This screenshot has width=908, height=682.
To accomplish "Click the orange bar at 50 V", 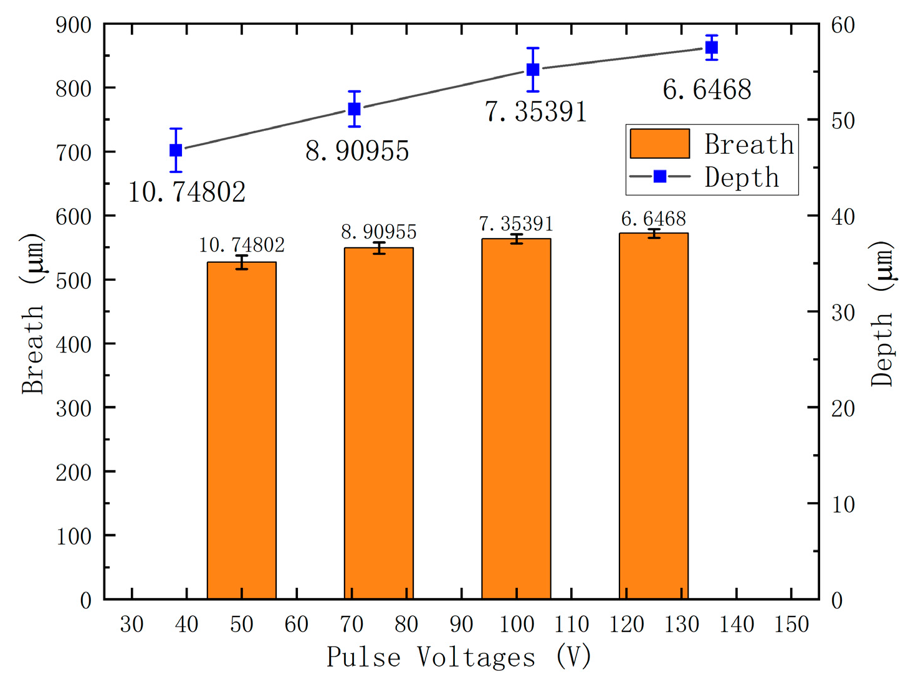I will click(x=242, y=430).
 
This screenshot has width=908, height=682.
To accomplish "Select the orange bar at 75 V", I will click(x=379, y=424).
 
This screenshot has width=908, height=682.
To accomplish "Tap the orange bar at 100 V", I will click(x=516, y=419).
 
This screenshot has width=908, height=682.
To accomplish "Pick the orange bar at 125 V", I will click(x=653, y=416).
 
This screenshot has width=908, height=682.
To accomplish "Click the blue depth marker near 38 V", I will click(x=176, y=150).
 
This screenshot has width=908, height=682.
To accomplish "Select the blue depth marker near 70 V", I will click(x=354, y=109).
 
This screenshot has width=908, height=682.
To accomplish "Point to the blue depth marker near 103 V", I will click(x=533, y=70).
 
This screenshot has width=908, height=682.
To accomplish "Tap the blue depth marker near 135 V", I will click(x=712, y=47).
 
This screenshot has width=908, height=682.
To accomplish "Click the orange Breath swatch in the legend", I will click(x=659, y=143).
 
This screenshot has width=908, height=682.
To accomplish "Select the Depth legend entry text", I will click(x=742, y=178).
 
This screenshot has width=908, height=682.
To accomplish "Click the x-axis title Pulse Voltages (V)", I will click(x=459, y=657).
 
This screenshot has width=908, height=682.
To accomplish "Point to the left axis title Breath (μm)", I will click(x=32, y=313).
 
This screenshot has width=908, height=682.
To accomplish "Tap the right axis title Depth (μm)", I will click(x=881, y=313).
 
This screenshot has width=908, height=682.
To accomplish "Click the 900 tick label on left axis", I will click(x=74, y=25).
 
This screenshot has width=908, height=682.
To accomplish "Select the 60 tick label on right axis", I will click(x=843, y=25).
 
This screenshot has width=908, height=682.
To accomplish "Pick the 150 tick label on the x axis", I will click(x=791, y=624).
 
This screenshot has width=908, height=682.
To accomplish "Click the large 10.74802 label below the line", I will click(x=186, y=192).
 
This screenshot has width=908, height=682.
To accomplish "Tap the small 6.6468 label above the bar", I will click(x=653, y=219).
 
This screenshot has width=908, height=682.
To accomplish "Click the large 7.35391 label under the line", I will click(x=535, y=112).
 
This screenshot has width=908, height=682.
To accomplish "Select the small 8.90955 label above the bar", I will click(x=378, y=232).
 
